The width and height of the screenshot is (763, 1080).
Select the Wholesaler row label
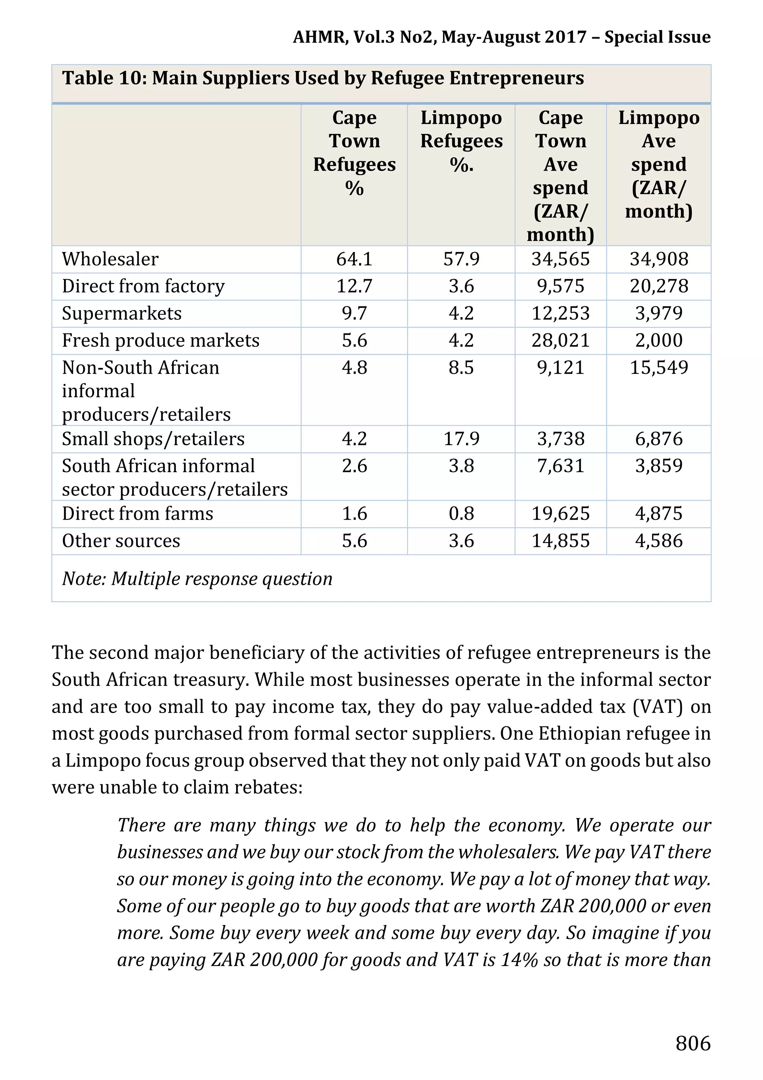click(110, 259)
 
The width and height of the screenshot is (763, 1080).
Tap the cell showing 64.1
click(354, 259)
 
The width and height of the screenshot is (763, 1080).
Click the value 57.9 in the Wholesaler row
click(461, 259)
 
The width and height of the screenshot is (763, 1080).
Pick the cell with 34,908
click(659, 259)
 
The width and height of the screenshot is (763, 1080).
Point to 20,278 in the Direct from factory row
click(659, 286)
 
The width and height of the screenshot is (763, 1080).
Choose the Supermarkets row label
click(121, 313)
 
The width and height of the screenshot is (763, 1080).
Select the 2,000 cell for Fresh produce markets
click(659, 341)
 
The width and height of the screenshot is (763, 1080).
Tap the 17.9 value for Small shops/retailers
click(461, 439)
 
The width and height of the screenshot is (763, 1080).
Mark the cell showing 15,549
click(659, 367)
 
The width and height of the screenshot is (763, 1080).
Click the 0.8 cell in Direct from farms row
click(461, 514)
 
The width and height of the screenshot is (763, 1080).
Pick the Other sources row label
click(121, 541)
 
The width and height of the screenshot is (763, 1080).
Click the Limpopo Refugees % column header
click(461, 141)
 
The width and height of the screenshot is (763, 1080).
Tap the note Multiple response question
click(197, 579)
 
